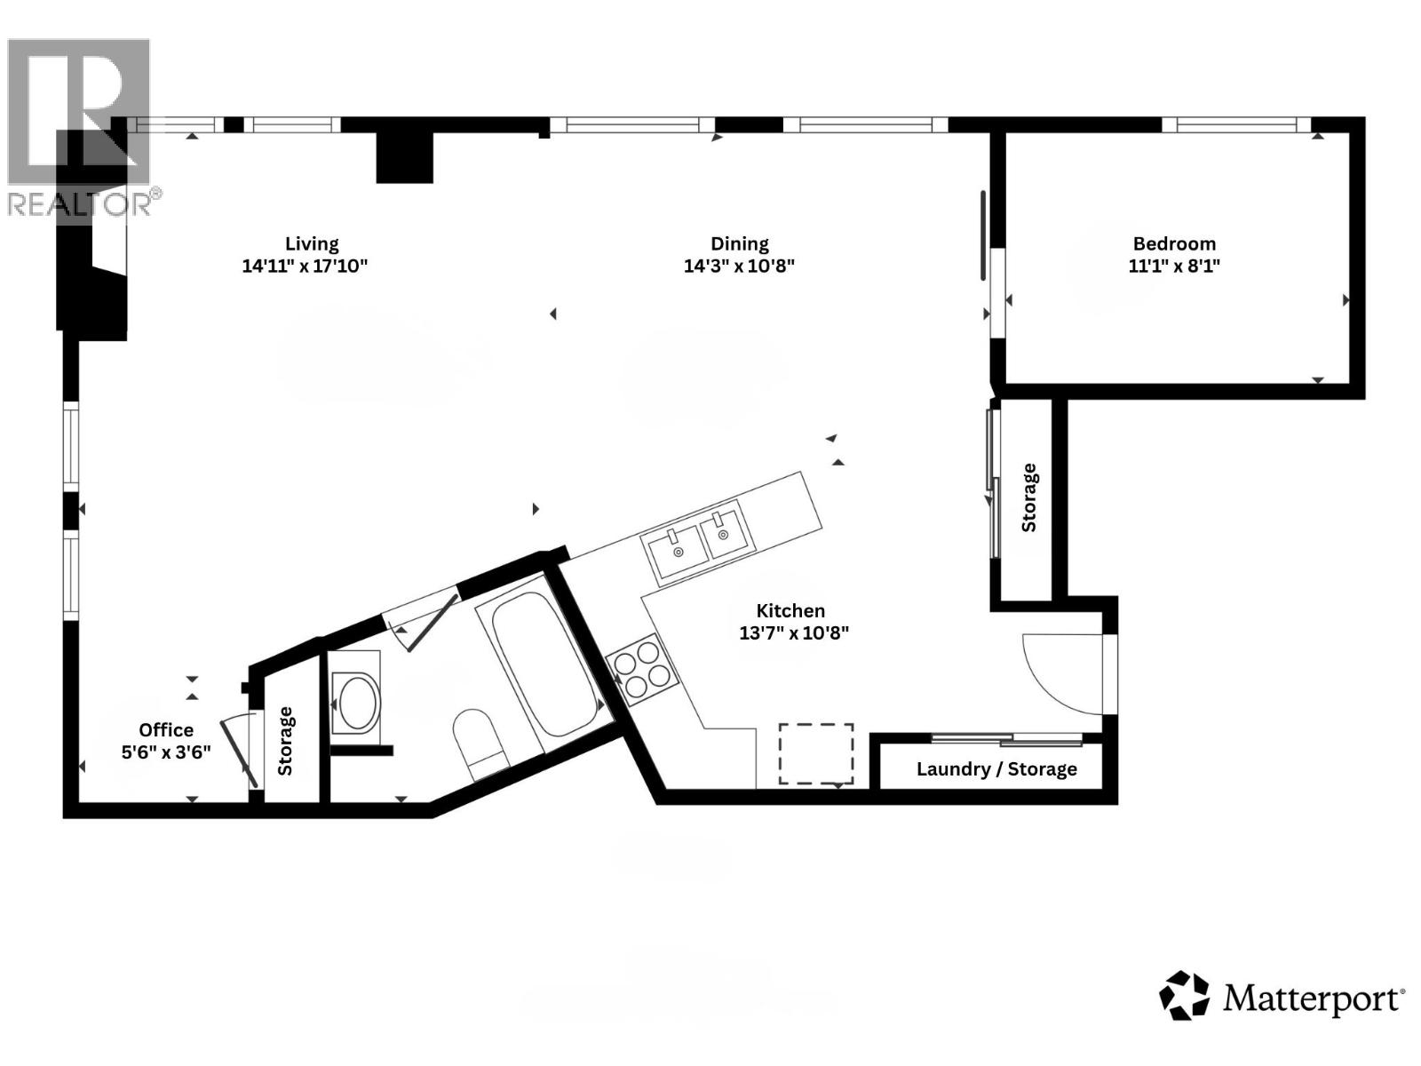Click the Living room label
coord(312,243)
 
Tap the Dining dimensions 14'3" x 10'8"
coord(739,266)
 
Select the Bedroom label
coord(1174,243)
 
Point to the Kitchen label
coord(790,610)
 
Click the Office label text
coord(166,729)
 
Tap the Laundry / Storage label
coord(996,769)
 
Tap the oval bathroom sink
coord(357,704)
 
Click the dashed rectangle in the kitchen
coord(816,753)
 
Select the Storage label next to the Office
coord(286,740)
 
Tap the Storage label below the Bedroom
coord(1029,497)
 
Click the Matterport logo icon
coord(1184,995)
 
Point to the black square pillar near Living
coord(404,157)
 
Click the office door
coord(240,752)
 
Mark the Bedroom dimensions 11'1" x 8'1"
coord(1174,266)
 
